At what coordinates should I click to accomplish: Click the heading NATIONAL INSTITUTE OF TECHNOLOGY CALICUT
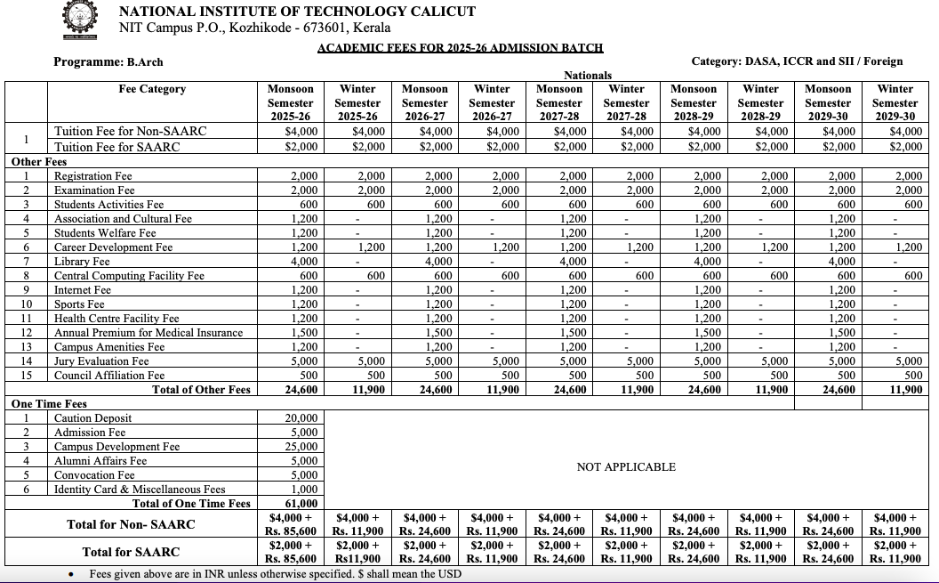297,12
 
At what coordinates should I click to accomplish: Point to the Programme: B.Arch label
108,61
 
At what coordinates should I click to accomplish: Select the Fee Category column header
152,89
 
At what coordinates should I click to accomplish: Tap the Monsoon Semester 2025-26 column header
291,102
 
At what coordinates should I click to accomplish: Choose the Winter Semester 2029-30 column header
895,102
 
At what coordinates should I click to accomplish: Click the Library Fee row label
82,262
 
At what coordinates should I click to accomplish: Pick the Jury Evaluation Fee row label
101,361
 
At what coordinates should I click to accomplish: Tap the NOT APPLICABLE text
626,467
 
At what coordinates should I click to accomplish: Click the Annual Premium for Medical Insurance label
148,333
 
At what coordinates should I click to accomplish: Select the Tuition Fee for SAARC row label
116,147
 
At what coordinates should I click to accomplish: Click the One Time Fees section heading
49,404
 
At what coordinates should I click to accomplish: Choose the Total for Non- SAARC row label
131,524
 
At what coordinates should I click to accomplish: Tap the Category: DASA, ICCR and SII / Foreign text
797,61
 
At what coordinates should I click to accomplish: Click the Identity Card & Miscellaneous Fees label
140,490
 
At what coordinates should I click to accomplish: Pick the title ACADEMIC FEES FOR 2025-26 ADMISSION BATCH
461,48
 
